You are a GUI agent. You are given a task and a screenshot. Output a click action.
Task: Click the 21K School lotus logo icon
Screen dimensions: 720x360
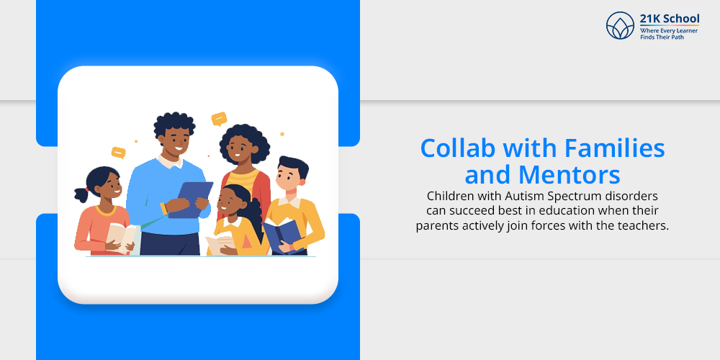620,25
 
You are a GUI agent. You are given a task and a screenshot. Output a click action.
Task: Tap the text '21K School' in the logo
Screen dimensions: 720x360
670,19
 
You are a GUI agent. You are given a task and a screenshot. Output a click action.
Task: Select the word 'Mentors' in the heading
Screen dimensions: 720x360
569,174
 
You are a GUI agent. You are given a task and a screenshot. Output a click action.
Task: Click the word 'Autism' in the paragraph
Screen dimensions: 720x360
521,196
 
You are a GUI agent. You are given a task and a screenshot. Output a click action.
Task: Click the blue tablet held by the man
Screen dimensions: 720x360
190,199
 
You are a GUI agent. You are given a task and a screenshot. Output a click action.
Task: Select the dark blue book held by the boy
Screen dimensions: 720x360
282,235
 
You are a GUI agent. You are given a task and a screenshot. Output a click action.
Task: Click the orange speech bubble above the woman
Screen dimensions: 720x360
219,119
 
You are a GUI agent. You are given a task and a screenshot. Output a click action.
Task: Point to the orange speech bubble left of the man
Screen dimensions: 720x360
119,153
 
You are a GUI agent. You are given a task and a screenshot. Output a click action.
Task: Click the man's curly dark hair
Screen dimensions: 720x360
174,124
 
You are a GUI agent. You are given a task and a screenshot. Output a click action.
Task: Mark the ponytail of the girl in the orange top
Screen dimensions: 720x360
82,194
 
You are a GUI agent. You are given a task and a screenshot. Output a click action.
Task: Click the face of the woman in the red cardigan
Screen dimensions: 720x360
238,149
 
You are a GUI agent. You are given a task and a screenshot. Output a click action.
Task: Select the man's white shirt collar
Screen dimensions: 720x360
170,161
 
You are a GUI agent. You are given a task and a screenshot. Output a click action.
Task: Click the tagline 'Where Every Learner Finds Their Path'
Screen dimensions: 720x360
669,34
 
